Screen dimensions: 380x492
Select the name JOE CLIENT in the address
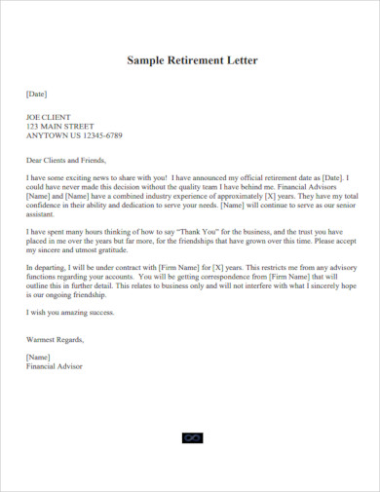click(x=48, y=117)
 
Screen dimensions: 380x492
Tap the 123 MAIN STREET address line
click(x=60, y=126)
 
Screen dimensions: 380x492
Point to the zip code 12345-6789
click(x=99, y=135)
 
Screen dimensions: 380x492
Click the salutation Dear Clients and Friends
click(x=64, y=160)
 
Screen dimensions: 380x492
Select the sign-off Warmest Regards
click(x=56, y=340)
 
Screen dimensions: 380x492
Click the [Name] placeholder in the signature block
click(x=38, y=358)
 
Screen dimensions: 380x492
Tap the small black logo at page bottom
click(x=190, y=438)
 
